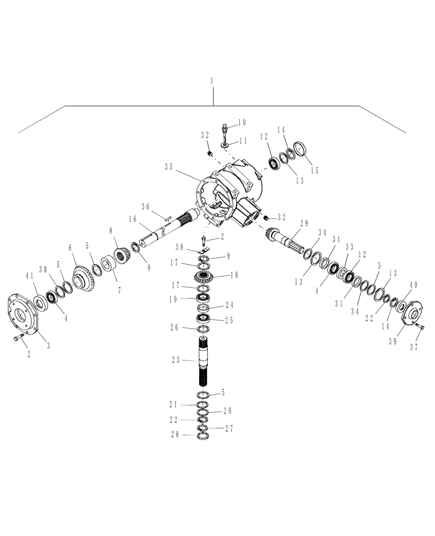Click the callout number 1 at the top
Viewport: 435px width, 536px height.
pos(212,80)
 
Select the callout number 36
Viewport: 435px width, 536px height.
pos(145,207)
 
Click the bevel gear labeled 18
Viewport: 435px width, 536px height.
pos(204,277)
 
